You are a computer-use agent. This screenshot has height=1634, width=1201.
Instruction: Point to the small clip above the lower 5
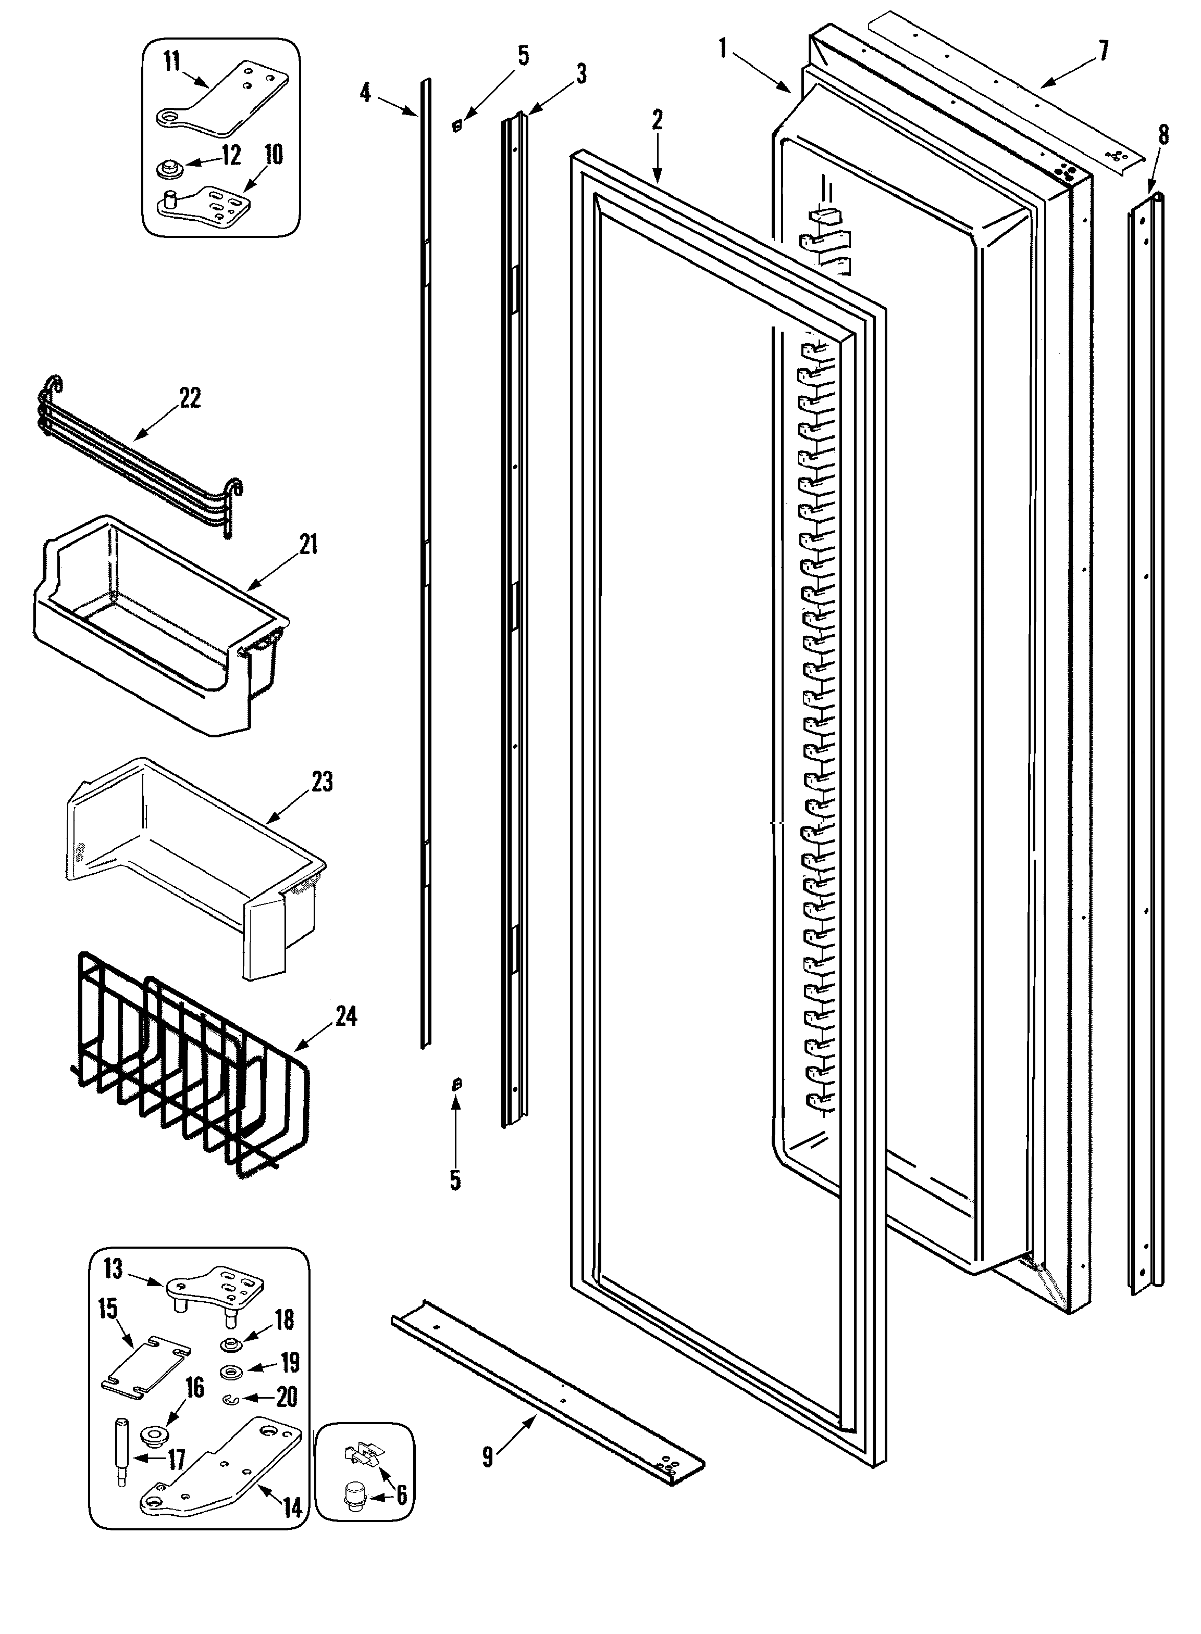click(456, 1085)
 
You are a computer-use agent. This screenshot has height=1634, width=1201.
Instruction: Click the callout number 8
click(1163, 135)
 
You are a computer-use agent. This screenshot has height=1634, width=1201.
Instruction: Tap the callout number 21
click(309, 544)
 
